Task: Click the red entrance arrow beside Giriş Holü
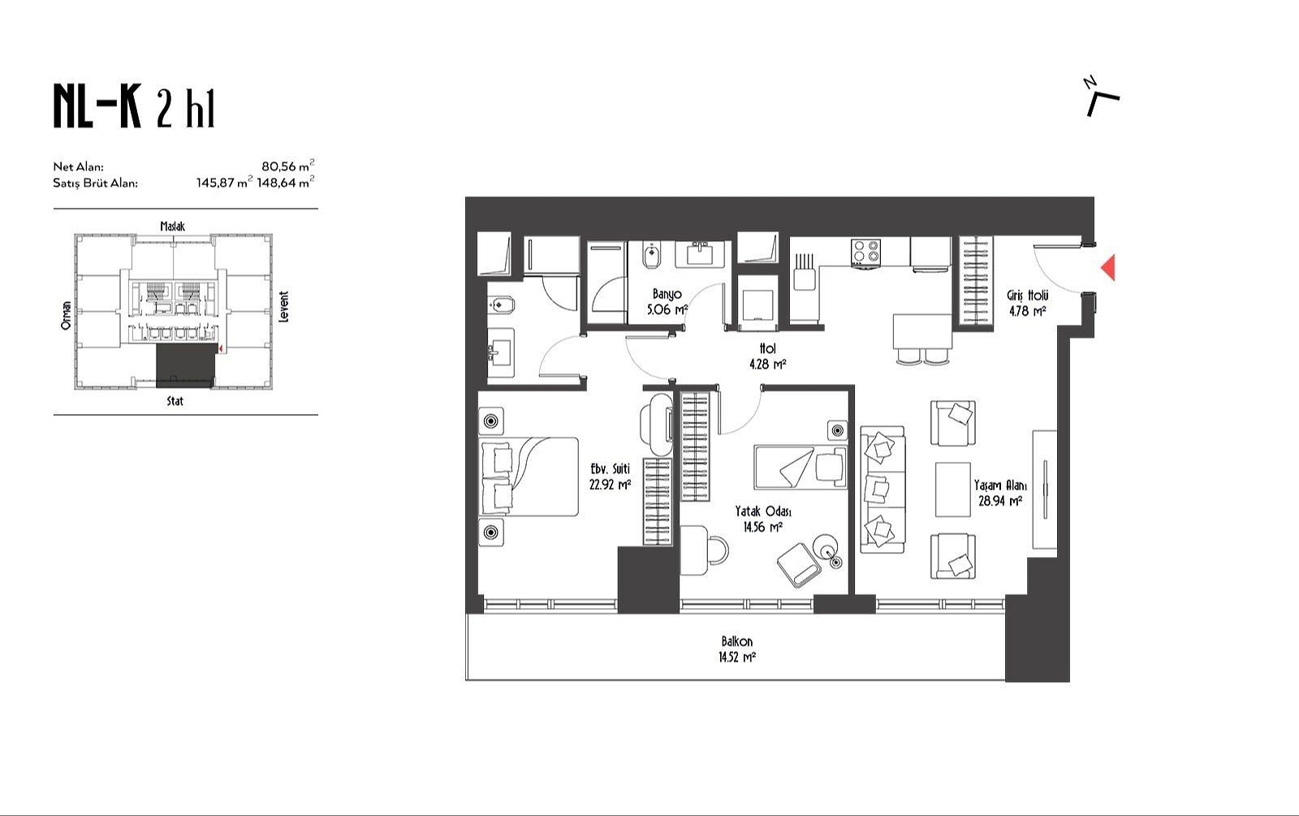[x=1107, y=267]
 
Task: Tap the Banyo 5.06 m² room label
[x=667, y=301]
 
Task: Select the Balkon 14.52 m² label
[x=737, y=649]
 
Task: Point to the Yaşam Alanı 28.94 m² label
[x=999, y=493]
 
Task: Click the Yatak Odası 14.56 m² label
[x=763, y=519]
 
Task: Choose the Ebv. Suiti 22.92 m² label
[x=610, y=476]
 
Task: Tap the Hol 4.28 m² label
[x=767, y=356]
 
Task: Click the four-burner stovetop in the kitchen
[x=865, y=253]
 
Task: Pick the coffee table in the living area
[x=953, y=489]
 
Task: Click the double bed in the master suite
[x=529, y=477]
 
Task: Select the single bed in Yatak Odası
[x=801, y=467]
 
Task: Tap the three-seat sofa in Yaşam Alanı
[x=882, y=490]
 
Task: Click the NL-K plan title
[x=134, y=106]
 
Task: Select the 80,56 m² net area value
[x=287, y=166]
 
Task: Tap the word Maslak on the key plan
[x=173, y=227]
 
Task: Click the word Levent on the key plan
[x=283, y=307]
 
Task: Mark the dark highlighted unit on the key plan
[x=185, y=365]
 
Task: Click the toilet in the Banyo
[x=652, y=256]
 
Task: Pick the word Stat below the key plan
[x=175, y=401]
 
